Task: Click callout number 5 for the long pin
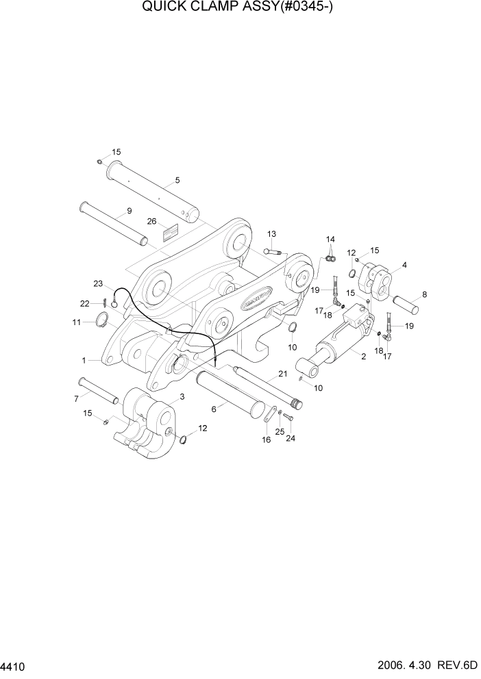point(177,181)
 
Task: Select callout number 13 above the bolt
point(271,234)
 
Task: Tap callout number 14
point(330,240)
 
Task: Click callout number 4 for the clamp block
point(405,265)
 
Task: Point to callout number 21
point(282,374)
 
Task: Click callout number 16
point(267,439)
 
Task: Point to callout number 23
point(98,283)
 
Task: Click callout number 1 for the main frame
point(84,359)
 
